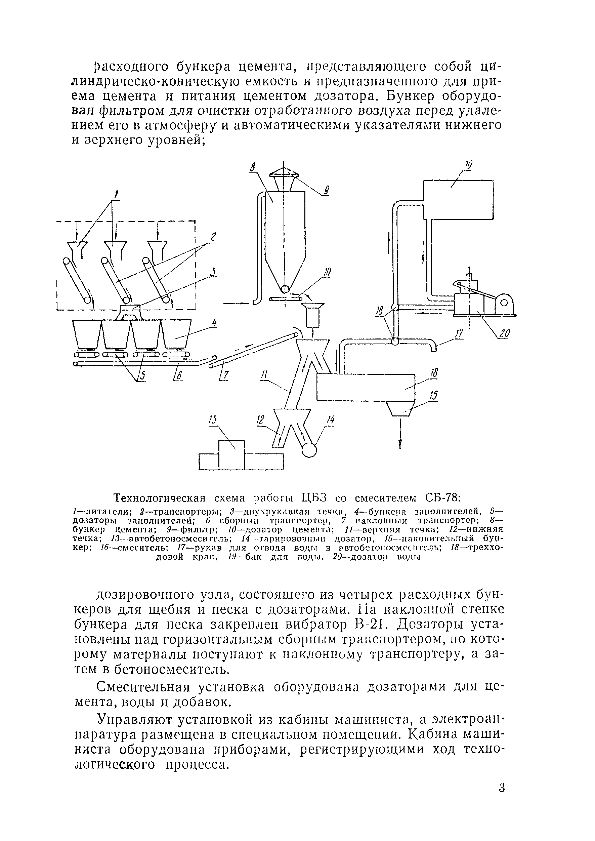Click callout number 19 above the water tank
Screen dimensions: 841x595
pos(469,165)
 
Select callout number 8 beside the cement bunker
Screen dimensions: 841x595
pos(252,167)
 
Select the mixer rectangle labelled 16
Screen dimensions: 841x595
pos(367,387)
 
